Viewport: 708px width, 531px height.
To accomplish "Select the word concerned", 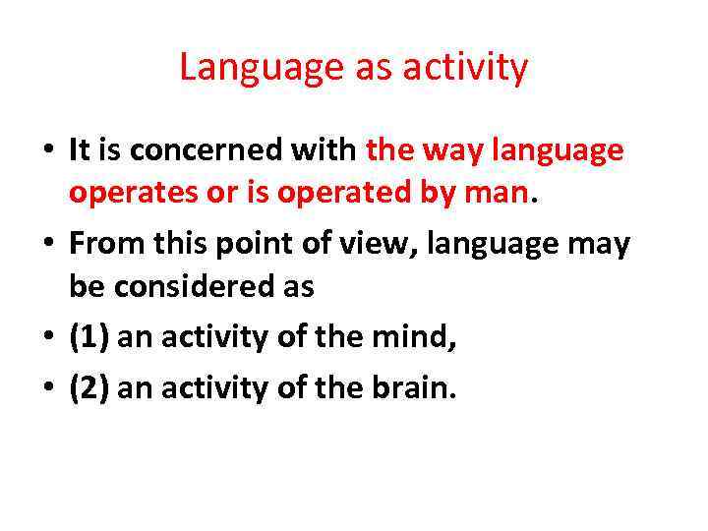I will pos(244,150).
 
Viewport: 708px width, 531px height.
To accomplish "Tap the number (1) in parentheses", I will pos(88,337).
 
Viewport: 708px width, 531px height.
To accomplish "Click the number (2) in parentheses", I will pos(88,388).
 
